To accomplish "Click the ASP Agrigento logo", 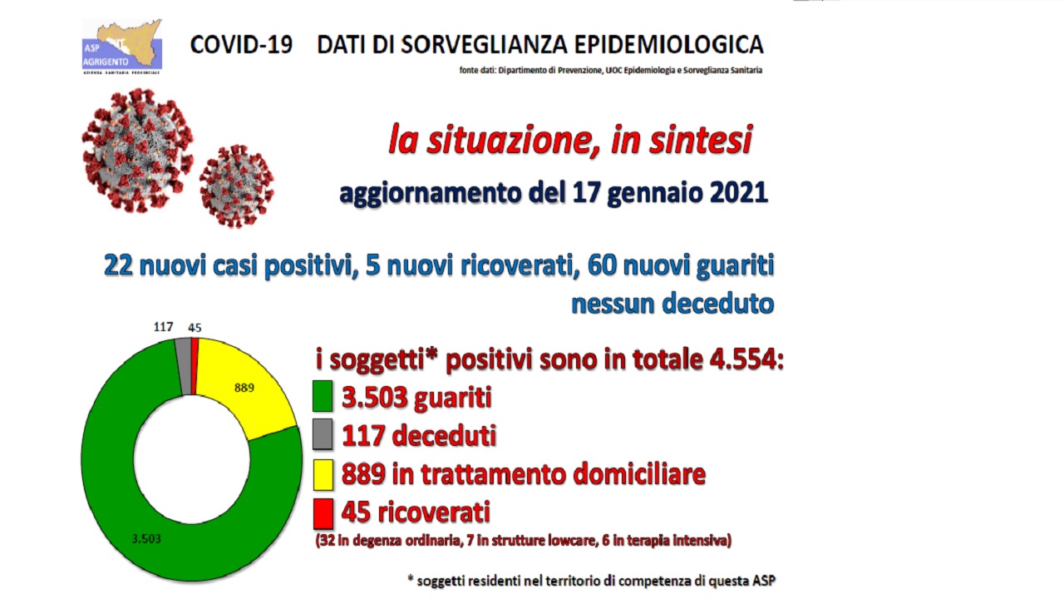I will coord(121,46).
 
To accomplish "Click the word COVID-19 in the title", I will coord(241,44).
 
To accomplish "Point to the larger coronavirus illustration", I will coord(137,150).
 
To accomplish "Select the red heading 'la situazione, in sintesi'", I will coord(569,140).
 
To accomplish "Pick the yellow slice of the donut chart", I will coord(249,391).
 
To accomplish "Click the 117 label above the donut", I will coord(164,328).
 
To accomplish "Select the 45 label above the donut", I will coord(195,328).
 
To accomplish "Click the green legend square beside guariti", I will coord(323,397).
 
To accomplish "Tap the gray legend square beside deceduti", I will coord(323,435).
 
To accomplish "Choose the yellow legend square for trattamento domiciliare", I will coord(323,474).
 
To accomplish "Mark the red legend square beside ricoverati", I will coord(323,513).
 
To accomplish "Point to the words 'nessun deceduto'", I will coord(672,304).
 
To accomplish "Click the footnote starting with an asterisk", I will coord(592,579).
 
